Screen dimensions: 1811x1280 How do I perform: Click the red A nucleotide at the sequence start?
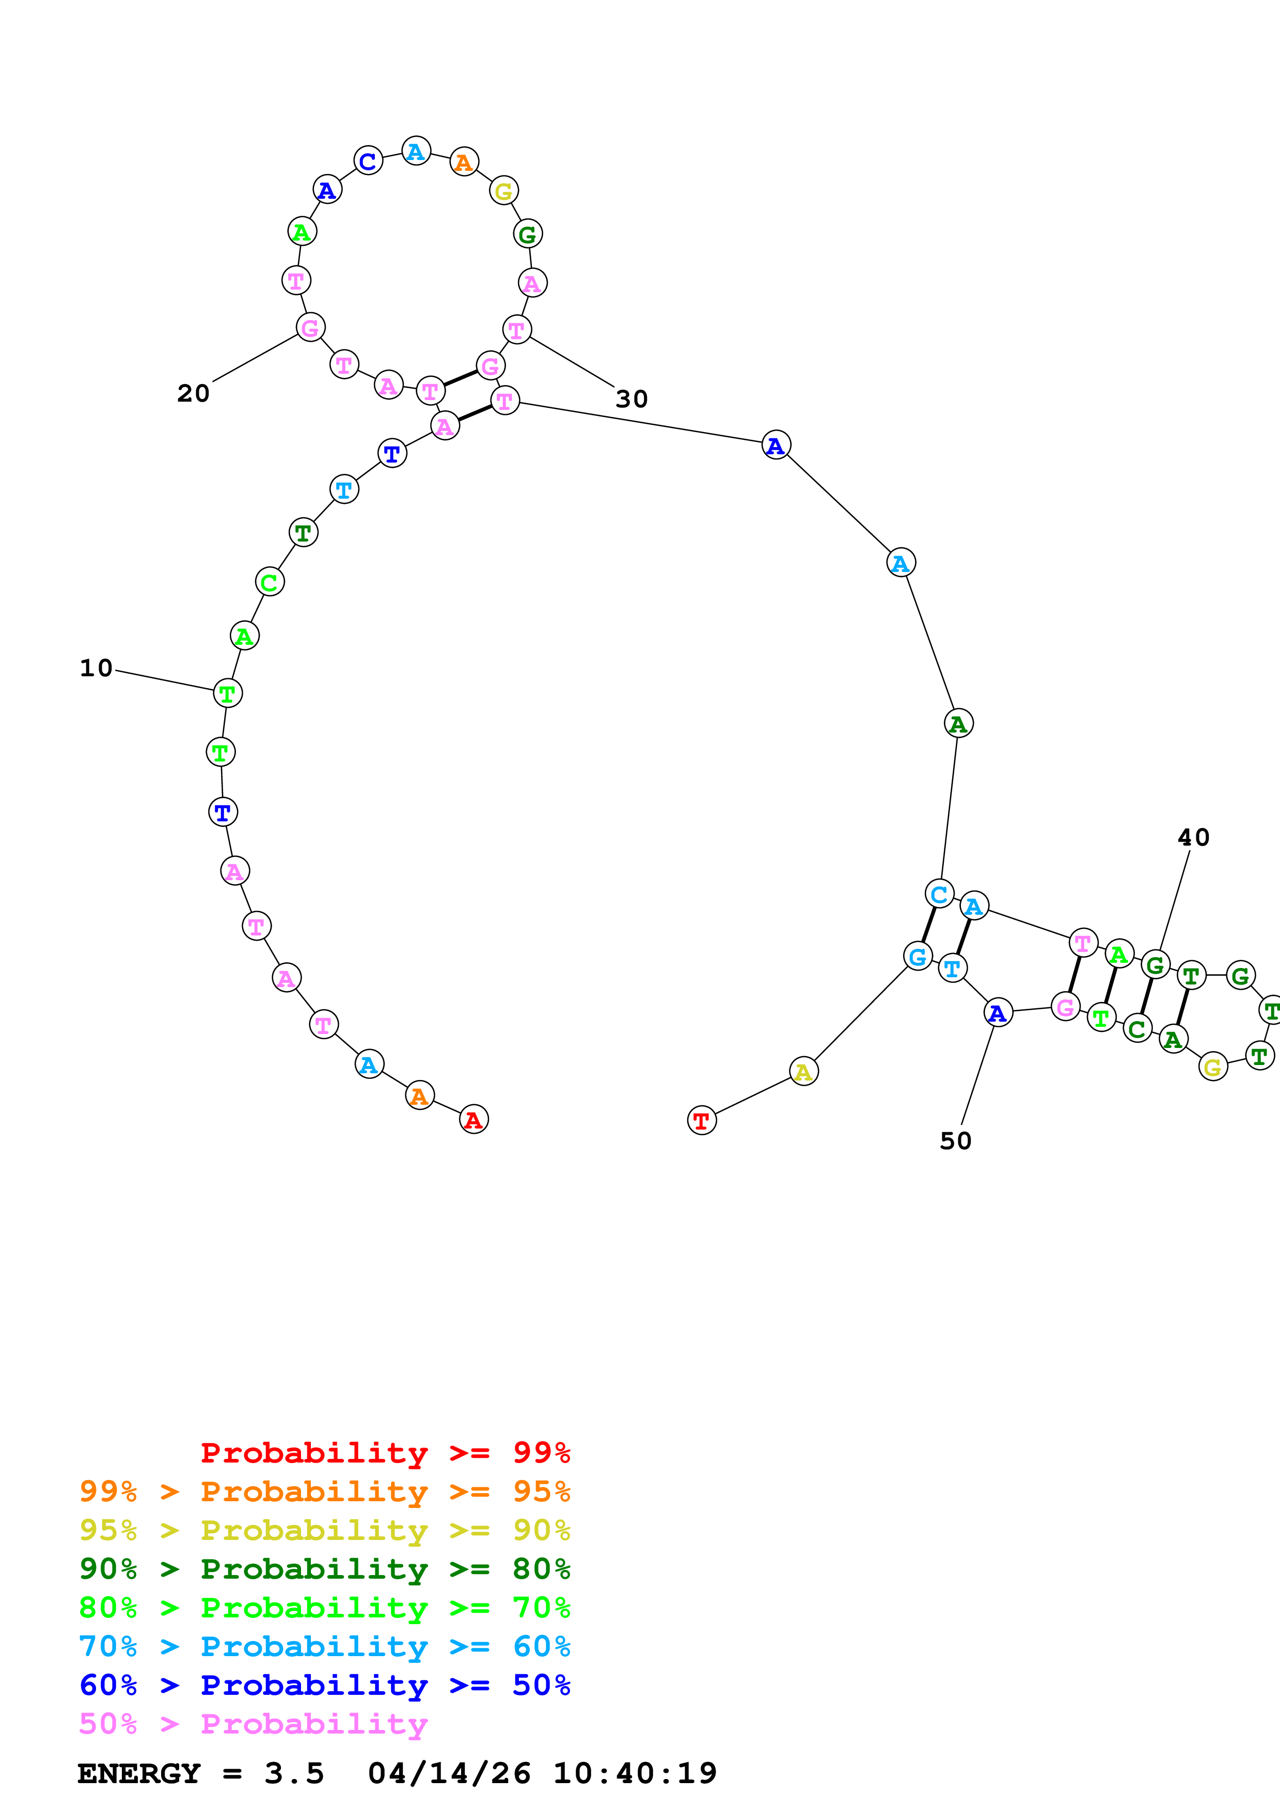click(x=473, y=1119)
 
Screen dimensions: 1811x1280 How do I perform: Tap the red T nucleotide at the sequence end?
click(x=701, y=1120)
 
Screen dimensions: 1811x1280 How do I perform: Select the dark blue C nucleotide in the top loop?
click(x=368, y=161)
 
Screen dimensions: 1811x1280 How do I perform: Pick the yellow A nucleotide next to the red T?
click(x=803, y=1071)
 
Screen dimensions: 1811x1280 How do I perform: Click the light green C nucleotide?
click(x=269, y=582)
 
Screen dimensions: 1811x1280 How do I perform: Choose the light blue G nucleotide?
click(x=917, y=957)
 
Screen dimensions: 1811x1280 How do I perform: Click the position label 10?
click(x=96, y=668)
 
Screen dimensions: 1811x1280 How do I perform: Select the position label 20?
click(x=193, y=393)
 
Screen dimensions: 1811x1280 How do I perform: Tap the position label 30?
click(x=631, y=399)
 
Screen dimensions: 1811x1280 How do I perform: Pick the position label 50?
click(x=955, y=1140)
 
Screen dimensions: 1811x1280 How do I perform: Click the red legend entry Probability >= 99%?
click(x=385, y=1452)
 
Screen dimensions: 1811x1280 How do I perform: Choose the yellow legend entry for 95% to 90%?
click(x=324, y=1530)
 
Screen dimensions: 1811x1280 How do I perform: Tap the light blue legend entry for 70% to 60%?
click(x=324, y=1646)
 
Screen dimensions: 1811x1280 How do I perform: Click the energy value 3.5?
click(x=293, y=1773)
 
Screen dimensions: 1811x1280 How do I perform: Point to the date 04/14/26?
click(x=449, y=1773)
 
